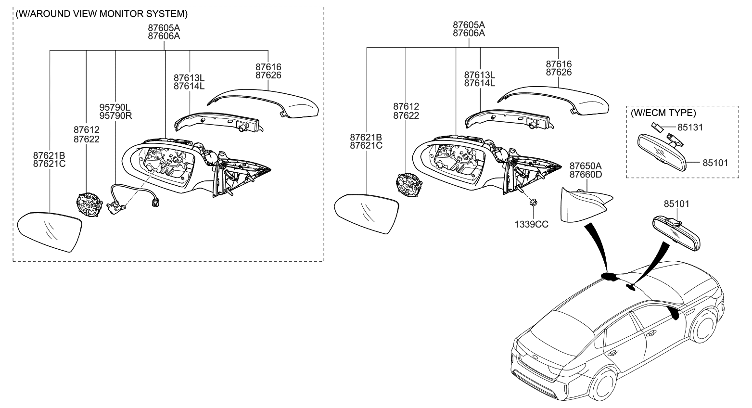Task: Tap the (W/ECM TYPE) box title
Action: click(663, 113)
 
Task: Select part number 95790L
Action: click(115, 108)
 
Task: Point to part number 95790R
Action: click(115, 116)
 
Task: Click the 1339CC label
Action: click(532, 224)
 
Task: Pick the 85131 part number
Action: click(690, 127)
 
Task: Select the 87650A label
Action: click(586, 166)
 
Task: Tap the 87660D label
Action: click(586, 174)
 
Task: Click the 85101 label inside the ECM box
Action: click(715, 163)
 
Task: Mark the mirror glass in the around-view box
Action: click(50, 231)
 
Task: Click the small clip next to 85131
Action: click(656, 127)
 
